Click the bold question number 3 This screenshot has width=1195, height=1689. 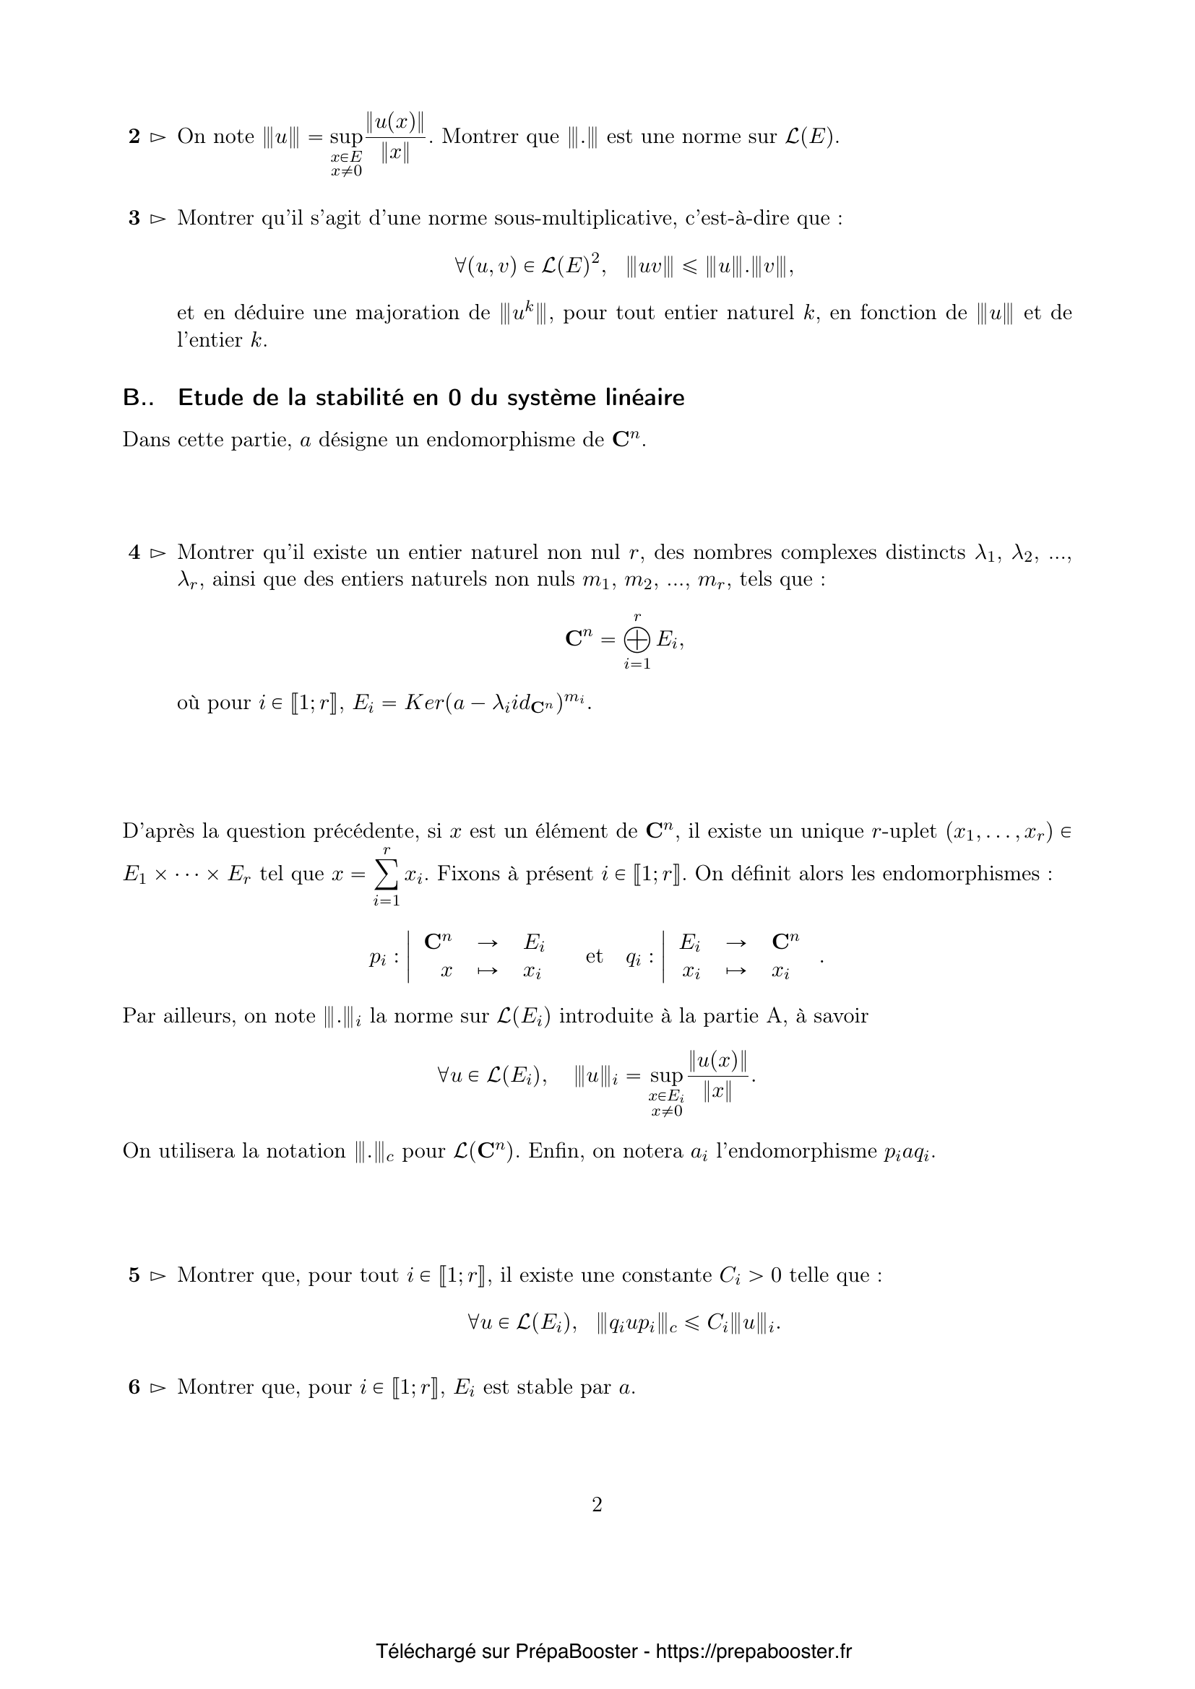click(x=134, y=219)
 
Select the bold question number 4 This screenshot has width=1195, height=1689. click(x=134, y=552)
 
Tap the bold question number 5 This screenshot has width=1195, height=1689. click(x=134, y=1275)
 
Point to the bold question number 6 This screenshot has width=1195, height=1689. click(x=134, y=1387)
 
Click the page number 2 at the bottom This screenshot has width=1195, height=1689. click(x=597, y=1504)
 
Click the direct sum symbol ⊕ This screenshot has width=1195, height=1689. click(x=637, y=641)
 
